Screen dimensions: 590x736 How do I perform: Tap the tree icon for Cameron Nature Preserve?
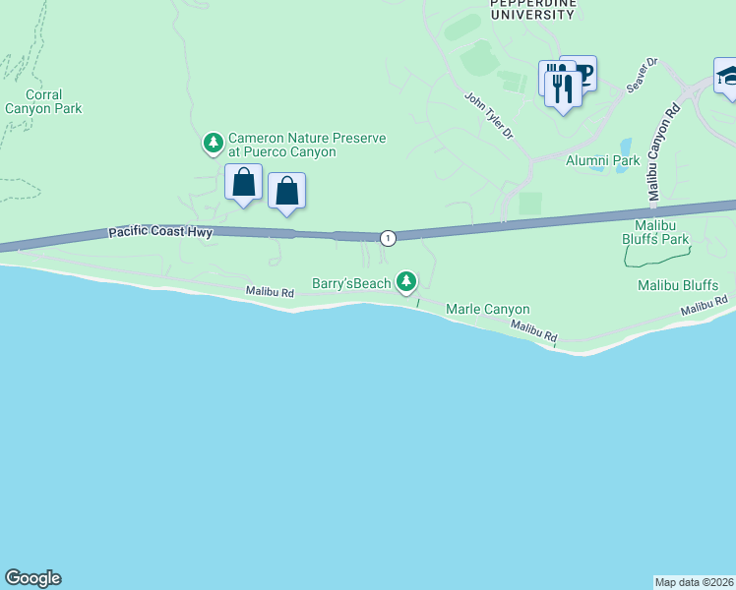[213, 145]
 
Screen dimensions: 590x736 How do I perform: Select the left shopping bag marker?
[243, 184]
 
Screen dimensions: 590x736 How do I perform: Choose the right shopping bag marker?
[286, 192]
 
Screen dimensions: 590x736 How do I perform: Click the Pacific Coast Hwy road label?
[159, 233]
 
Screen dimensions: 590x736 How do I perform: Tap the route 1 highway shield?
[389, 237]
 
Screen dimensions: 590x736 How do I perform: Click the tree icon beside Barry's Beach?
[405, 282]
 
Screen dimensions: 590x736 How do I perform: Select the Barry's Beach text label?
[351, 283]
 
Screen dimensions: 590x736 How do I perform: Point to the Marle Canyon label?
[488, 309]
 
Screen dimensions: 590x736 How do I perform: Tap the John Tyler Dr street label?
[489, 115]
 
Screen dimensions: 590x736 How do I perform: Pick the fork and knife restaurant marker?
[563, 90]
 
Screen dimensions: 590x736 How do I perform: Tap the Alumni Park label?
[602, 160]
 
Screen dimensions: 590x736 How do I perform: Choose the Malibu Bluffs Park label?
[654, 232]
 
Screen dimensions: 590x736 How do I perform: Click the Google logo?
[32, 578]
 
